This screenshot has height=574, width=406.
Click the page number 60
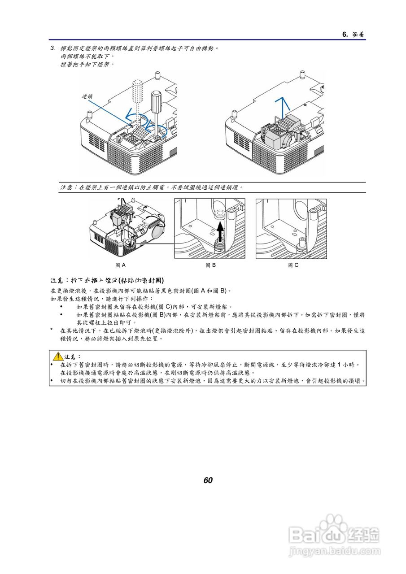[208, 480]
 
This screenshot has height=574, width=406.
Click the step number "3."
[52, 48]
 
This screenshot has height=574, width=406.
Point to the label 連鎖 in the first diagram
[87, 96]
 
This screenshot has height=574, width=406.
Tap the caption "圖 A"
[120, 265]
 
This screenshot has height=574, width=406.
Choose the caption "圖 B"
[210, 265]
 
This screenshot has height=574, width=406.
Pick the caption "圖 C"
[293, 265]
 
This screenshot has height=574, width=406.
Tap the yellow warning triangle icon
[57, 357]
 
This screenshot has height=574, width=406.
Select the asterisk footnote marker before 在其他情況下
[52, 331]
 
